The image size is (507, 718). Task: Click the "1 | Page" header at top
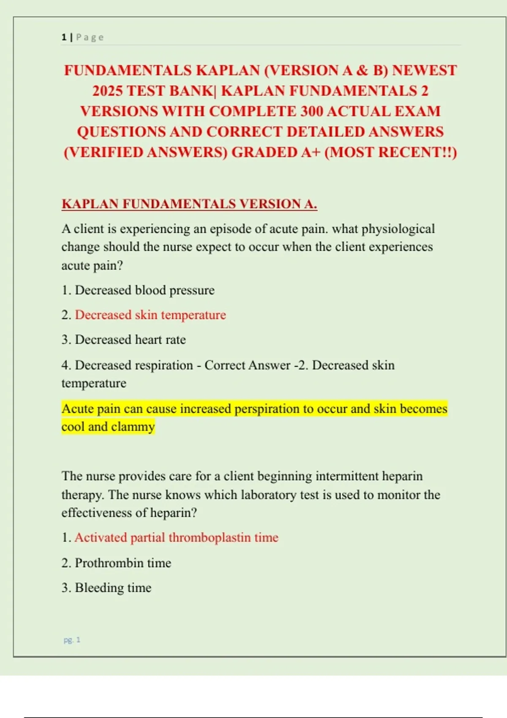82,37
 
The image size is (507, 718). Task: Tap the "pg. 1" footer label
72,640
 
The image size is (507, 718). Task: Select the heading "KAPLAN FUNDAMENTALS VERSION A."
189,204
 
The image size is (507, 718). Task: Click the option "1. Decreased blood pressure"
138,290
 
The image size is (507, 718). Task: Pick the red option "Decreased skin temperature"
150,315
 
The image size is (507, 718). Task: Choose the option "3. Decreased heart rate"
124,340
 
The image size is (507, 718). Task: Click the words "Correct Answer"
247,365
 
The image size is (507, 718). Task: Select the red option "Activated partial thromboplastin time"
177,537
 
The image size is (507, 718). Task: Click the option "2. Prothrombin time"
116,563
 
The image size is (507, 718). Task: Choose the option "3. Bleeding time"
106,587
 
